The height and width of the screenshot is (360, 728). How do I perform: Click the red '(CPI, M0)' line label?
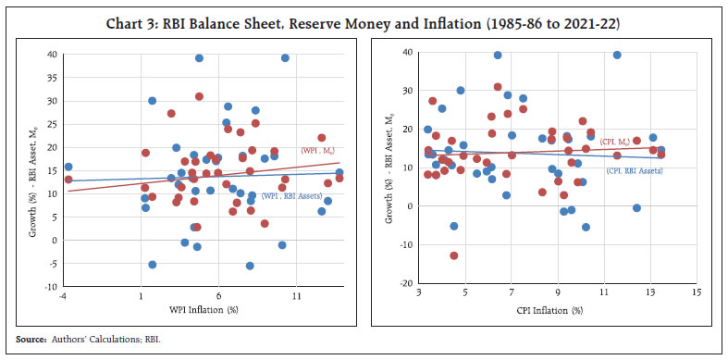615,142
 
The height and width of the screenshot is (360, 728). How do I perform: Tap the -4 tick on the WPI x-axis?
62,296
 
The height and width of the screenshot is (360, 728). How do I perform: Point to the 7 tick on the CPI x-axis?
512,292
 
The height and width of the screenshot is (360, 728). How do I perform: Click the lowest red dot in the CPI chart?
454,255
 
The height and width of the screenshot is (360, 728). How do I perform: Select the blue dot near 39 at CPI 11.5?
617,55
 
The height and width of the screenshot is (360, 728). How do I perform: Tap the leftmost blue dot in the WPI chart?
68,168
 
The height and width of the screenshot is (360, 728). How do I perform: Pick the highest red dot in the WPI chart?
199,96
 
